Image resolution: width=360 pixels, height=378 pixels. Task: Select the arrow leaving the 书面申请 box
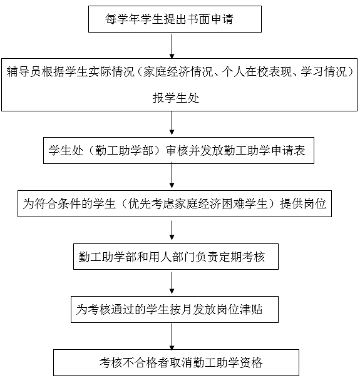(x=172, y=45)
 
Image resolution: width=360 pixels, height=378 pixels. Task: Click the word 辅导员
(x=24, y=71)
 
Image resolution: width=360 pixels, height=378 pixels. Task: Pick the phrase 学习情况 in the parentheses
(x=324, y=71)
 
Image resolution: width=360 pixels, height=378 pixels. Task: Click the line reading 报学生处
(x=176, y=98)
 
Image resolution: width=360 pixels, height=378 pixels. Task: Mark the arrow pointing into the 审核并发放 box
(x=172, y=123)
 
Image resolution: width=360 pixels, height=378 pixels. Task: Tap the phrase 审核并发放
(x=195, y=150)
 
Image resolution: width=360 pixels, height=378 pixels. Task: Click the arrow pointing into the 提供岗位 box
(x=172, y=176)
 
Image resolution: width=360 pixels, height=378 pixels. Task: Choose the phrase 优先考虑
(x=151, y=203)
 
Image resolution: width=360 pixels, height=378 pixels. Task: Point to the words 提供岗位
(x=303, y=203)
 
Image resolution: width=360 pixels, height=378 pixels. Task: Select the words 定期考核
(x=242, y=257)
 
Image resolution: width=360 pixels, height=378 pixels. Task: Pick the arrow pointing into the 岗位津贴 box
(x=172, y=282)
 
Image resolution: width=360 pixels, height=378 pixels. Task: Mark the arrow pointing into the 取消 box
(x=172, y=337)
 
